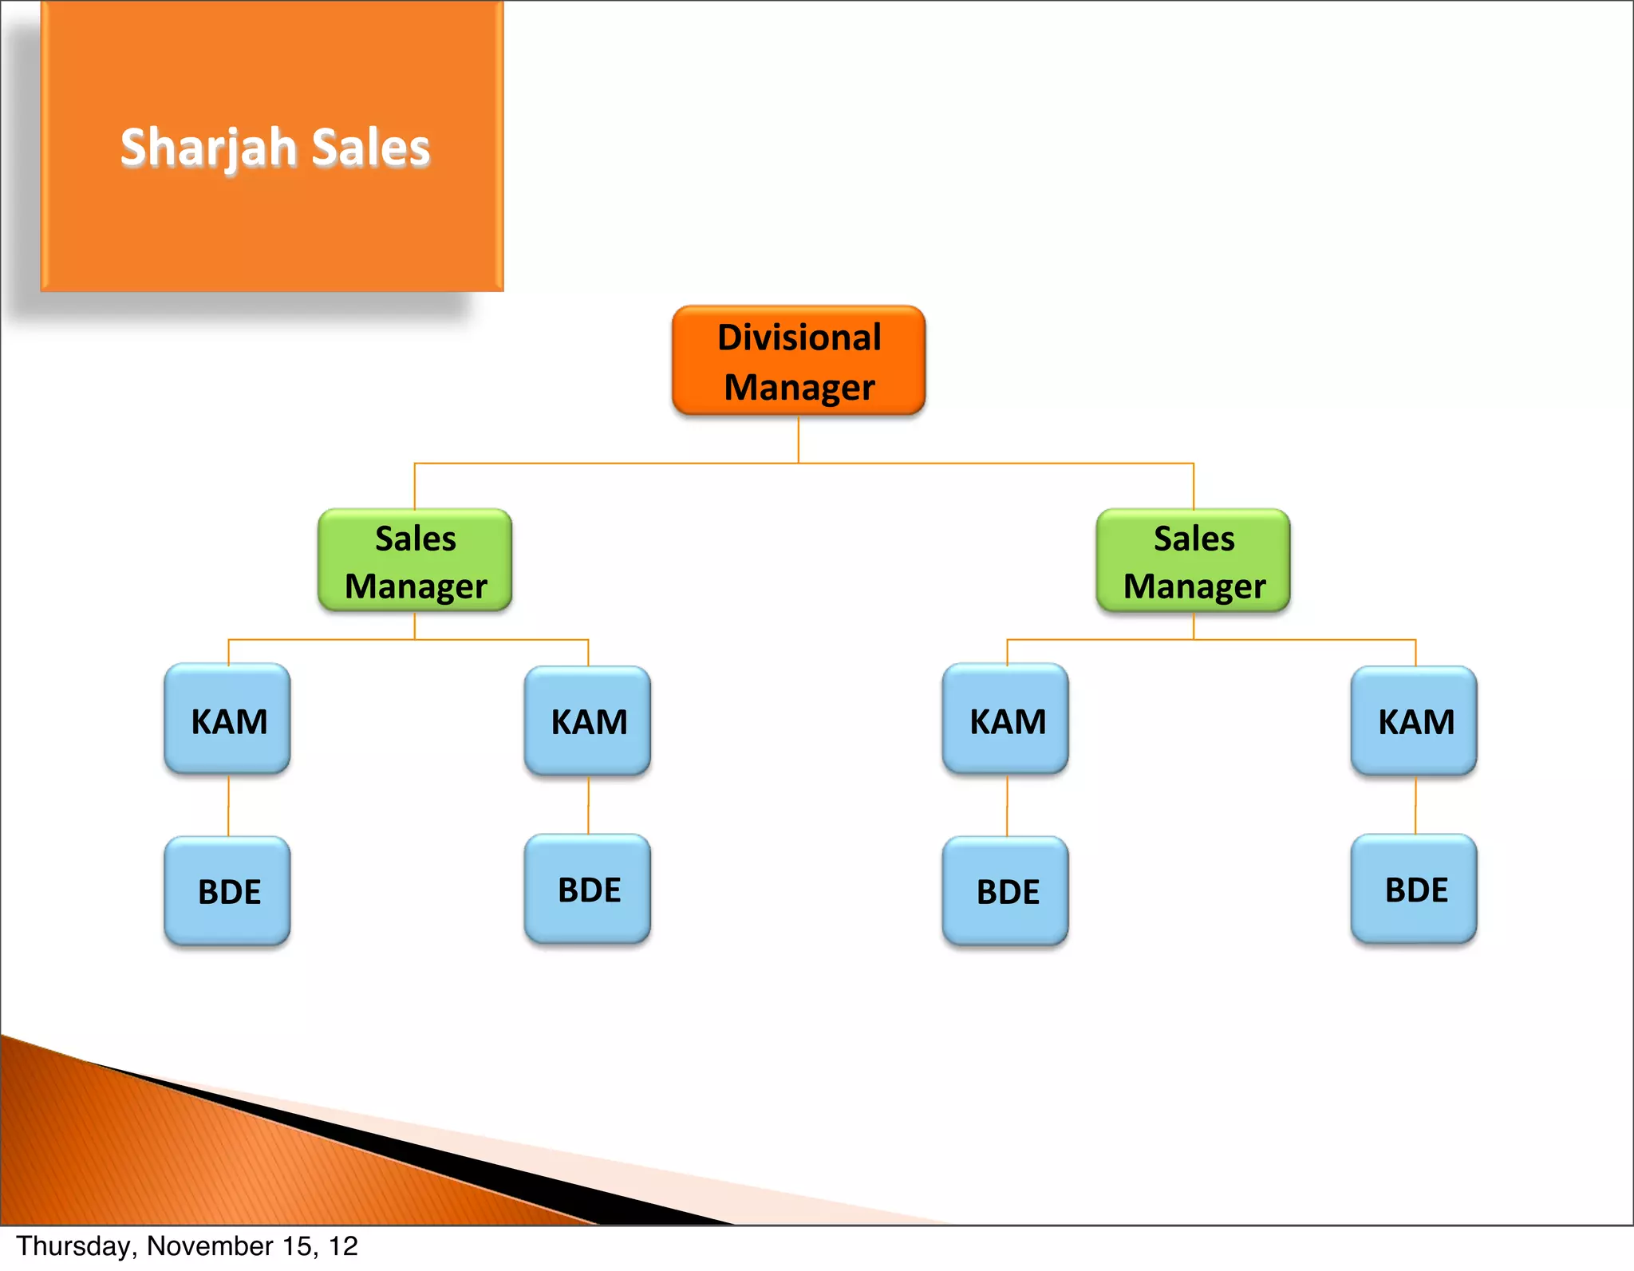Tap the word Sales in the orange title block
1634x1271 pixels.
coord(371,148)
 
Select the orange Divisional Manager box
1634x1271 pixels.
coord(799,361)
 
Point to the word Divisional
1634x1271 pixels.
coord(799,337)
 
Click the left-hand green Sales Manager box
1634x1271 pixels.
coord(415,561)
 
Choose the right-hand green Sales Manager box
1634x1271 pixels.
coord(1194,561)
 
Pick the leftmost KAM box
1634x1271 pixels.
coord(228,720)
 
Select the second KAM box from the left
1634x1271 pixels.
coord(588,720)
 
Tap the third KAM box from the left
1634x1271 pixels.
coord(1006,720)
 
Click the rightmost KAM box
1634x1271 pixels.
coord(1415,720)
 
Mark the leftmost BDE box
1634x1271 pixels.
coord(228,890)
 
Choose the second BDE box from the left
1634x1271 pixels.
coord(588,889)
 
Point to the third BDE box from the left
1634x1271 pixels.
coord(1006,890)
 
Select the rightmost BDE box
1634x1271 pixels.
coord(1415,889)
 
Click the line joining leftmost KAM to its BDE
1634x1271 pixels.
coord(229,806)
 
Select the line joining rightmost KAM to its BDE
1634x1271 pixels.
coord(1415,806)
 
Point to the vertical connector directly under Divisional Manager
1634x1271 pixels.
coord(799,440)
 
